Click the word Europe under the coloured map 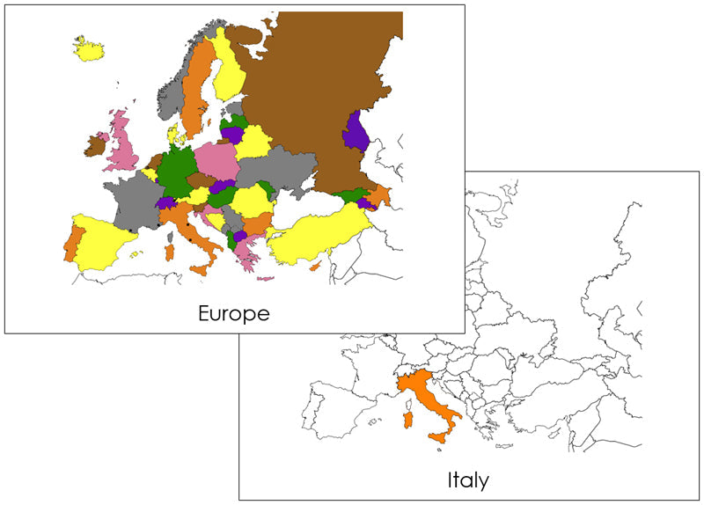coord(233,312)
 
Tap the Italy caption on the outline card coord(466,479)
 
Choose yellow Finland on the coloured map coord(229,70)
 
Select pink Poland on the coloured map coord(216,160)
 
